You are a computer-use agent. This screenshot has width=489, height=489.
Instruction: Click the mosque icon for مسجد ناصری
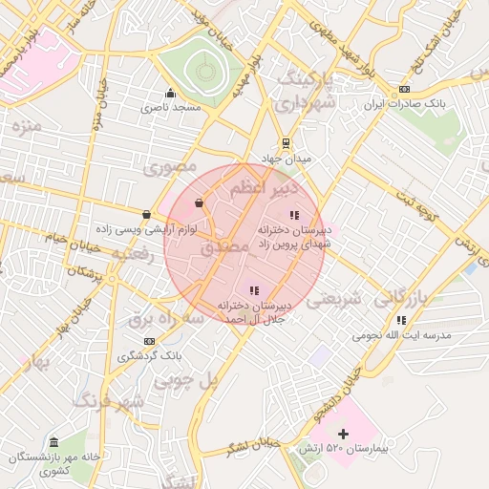pyautogui.click(x=170, y=93)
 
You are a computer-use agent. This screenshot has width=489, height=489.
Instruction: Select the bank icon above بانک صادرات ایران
pyautogui.click(x=404, y=89)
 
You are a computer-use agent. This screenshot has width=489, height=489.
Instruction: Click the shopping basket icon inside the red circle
pyautogui.click(x=199, y=202)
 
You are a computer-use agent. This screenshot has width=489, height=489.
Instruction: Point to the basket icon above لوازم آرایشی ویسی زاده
pyautogui.click(x=146, y=214)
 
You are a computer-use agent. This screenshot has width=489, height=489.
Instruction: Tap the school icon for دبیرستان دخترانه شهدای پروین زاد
pyautogui.click(x=294, y=215)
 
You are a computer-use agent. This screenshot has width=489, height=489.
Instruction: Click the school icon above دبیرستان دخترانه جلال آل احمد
pyautogui.click(x=253, y=289)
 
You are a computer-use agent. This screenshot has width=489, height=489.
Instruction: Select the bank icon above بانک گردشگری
pyautogui.click(x=149, y=340)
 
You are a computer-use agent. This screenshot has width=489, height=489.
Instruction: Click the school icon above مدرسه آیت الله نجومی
pyautogui.click(x=401, y=320)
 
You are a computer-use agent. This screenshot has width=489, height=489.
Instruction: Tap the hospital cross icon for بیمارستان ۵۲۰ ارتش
pyautogui.click(x=344, y=434)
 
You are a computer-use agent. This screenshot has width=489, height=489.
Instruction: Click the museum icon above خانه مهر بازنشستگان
pyautogui.click(x=53, y=443)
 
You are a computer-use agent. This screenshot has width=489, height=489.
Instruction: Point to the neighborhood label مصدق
pyautogui.click(x=225, y=246)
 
